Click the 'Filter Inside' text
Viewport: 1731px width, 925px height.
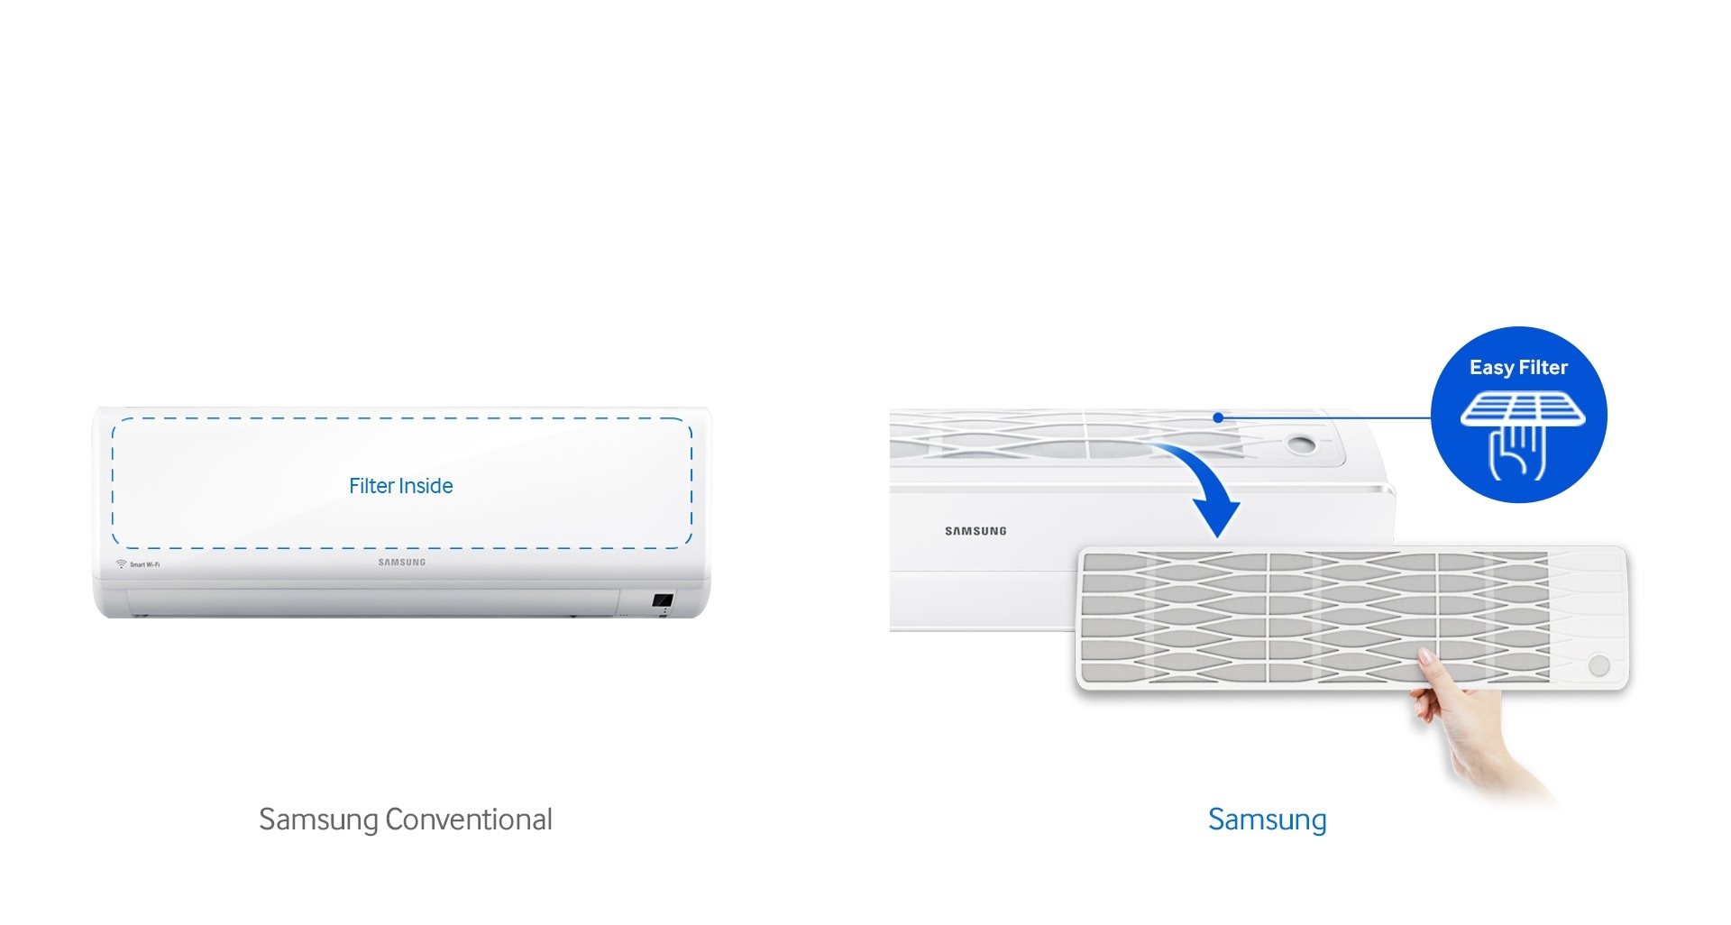click(401, 486)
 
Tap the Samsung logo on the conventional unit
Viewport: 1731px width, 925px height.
click(402, 563)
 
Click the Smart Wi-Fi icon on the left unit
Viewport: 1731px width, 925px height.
click(121, 564)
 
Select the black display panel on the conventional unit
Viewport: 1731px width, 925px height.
click(663, 600)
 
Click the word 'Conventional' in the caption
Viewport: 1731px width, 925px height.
click(469, 820)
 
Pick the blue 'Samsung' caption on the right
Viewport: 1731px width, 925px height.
click(1268, 820)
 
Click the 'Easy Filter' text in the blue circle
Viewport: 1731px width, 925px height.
click(1519, 368)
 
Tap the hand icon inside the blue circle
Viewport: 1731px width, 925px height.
click(1518, 452)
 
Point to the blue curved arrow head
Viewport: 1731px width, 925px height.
click(1216, 517)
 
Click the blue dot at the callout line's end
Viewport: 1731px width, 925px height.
click(1218, 417)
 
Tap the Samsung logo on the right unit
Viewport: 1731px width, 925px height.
click(975, 531)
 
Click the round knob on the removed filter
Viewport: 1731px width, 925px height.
click(1599, 666)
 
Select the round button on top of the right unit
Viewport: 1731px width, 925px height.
click(1301, 444)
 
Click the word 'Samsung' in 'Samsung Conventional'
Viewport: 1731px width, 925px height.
click(318, 820)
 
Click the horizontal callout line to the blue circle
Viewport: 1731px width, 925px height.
click(1325, 417)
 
